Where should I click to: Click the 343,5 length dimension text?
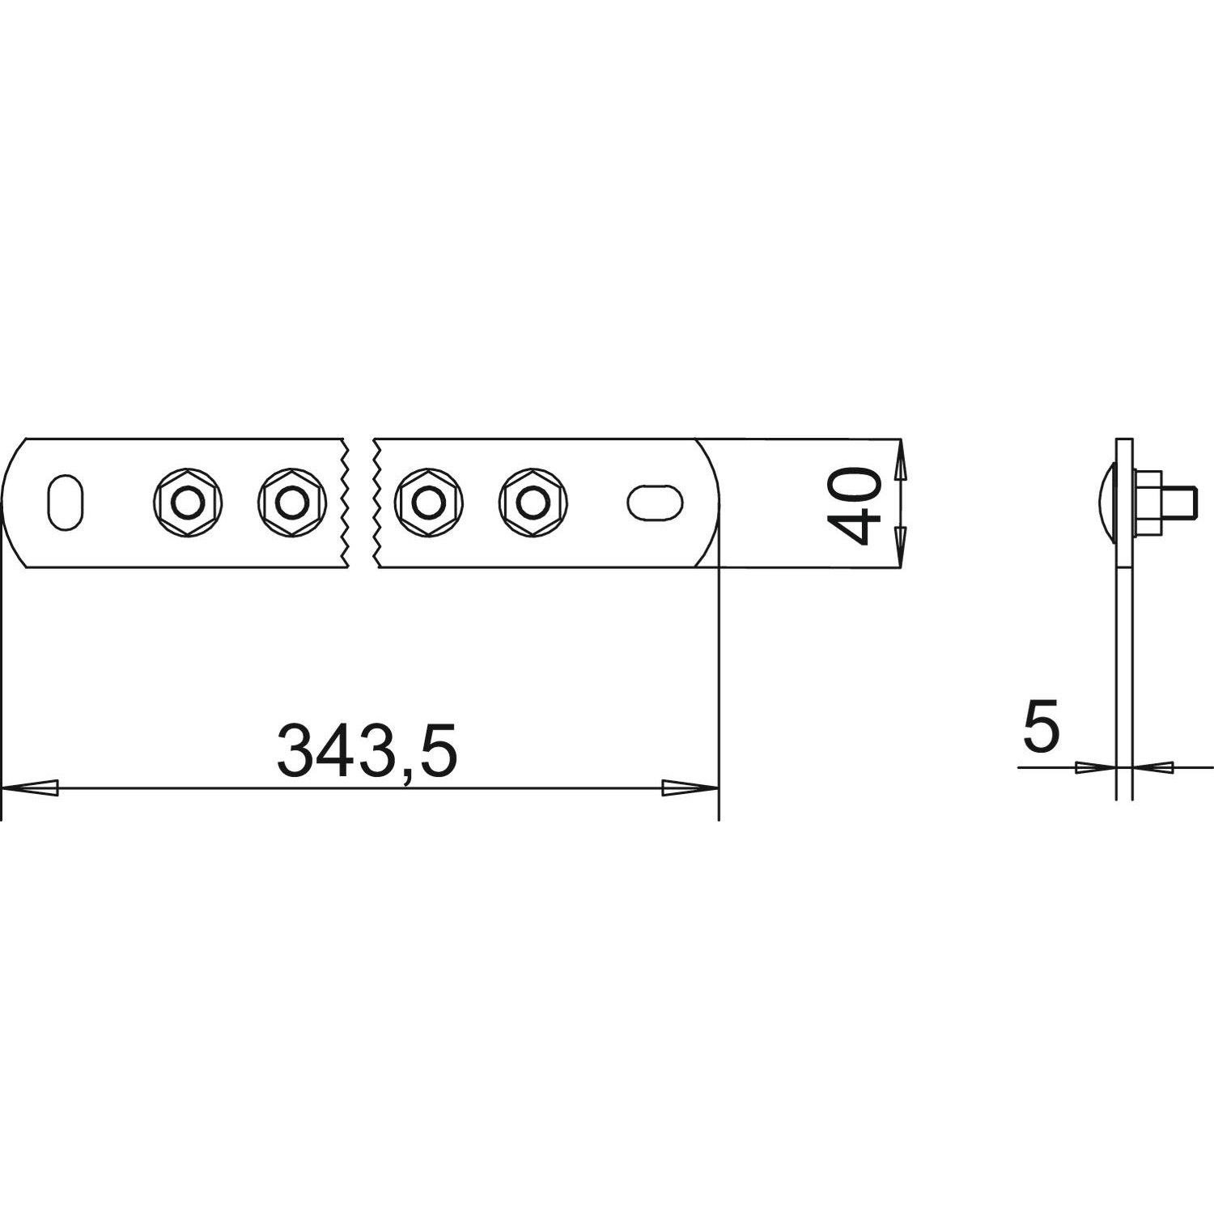point(367,750)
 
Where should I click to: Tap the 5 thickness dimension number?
point(1041,726)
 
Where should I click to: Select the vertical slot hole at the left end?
point(66,503)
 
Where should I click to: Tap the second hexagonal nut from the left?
point(291,503)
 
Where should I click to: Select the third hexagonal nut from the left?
point(428,503)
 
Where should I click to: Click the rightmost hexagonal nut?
point(533,503)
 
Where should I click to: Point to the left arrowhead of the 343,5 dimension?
point(31,787)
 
